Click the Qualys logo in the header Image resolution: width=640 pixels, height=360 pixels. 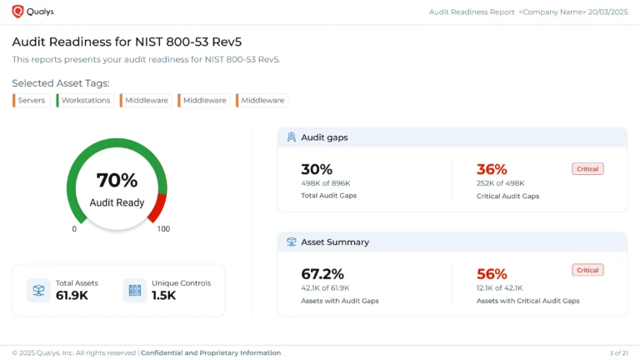[33, 12]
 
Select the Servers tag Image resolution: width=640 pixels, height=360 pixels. [31, 101]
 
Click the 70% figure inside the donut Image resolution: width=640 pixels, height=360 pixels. [117, 180]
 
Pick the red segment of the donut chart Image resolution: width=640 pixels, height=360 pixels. [158, 208]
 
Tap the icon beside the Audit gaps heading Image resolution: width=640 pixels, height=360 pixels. [292, 137]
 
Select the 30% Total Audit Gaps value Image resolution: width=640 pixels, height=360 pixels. [317, 169]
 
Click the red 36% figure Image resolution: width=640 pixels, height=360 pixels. [492, 169]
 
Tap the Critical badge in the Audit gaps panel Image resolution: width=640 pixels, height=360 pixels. [587, 169]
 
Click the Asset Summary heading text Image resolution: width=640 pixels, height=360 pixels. [335, 242]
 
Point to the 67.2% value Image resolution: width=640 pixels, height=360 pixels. [322, 274]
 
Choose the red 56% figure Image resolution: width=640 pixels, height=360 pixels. [492, 274]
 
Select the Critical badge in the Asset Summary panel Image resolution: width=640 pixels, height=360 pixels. [587, 270]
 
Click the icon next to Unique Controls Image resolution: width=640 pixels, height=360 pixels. [134, 290]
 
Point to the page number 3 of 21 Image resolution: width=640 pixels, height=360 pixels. [618, 353]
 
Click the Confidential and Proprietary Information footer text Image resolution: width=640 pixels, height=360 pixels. [211, 353]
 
